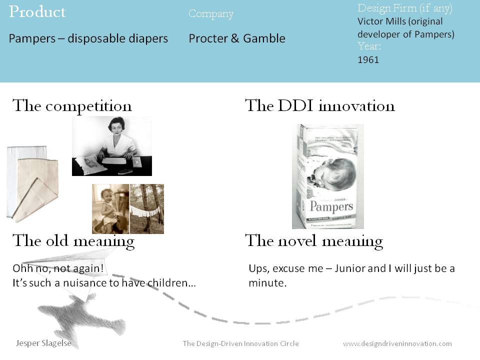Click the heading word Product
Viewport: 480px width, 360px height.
pos(37,12)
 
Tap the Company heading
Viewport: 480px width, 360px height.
pos(210,14)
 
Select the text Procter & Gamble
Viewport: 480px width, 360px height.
pos(236,38)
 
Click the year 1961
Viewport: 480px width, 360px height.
pos(368,60)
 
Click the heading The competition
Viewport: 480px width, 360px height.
pos(72,106)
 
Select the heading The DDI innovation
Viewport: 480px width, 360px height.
pos(319,106)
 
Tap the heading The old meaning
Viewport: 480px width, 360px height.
pos(73,241)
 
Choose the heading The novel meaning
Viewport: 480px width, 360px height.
pos(313,241)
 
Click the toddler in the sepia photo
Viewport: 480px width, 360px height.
pos(108,207)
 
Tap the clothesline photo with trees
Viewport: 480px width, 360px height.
pos(147,209)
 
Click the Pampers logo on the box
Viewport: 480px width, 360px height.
pos(331,206)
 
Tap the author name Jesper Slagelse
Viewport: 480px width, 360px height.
pos(43,343)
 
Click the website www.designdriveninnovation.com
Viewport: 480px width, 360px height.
pos(397,343)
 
